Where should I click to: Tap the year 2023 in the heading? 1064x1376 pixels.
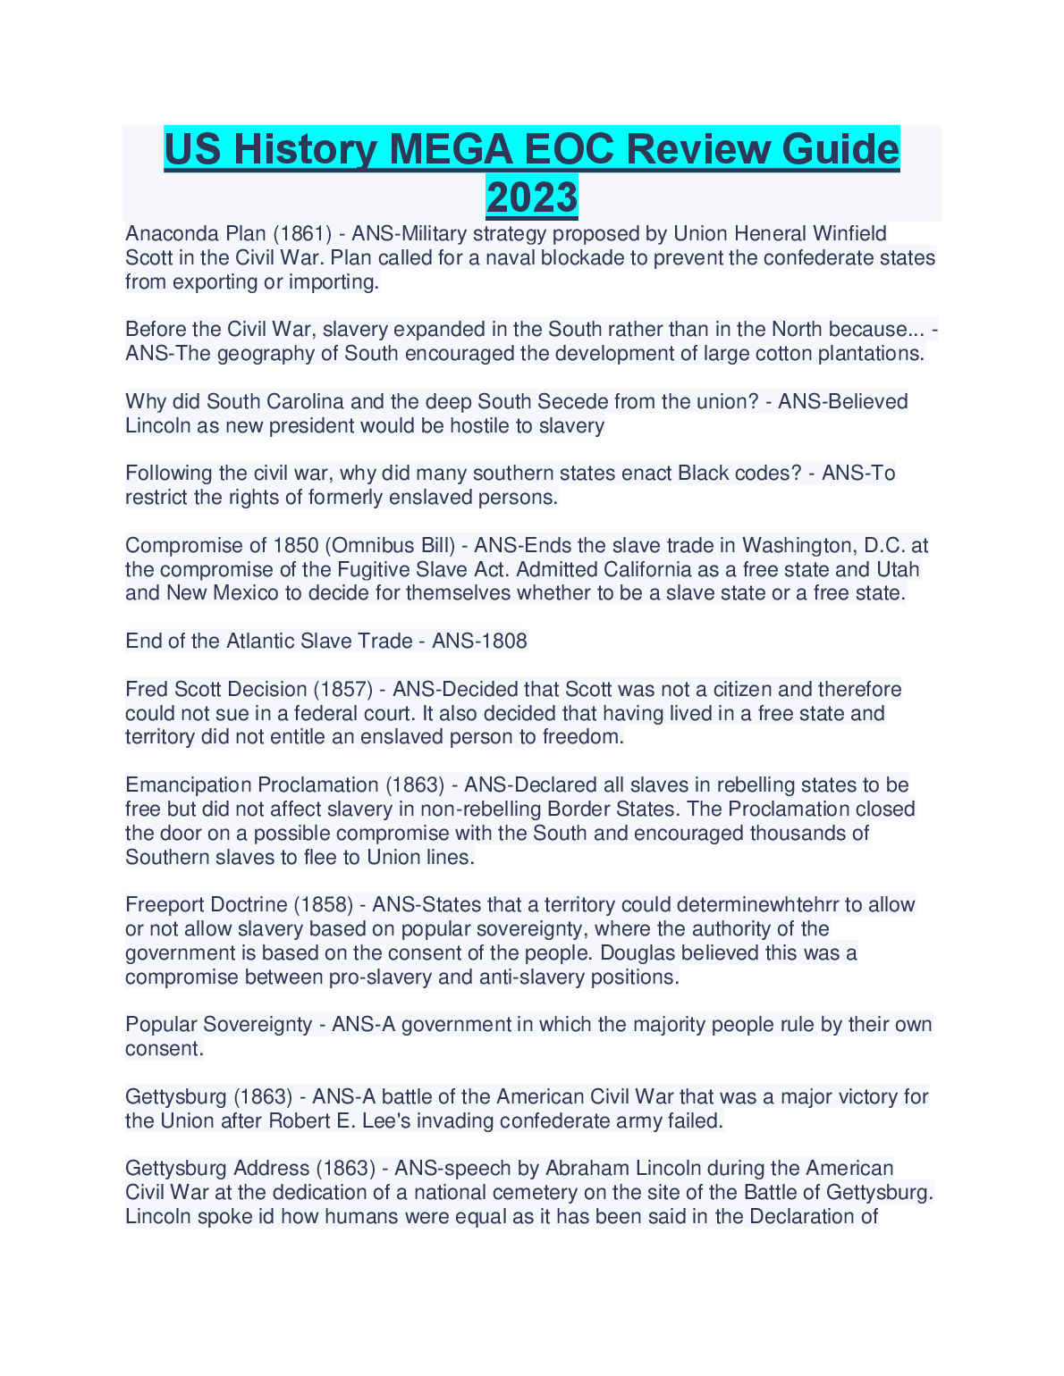[x=532, y=197]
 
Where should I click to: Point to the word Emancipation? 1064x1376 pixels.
[x=189, y=785]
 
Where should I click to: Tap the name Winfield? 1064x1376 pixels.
[x=849, y=234]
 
